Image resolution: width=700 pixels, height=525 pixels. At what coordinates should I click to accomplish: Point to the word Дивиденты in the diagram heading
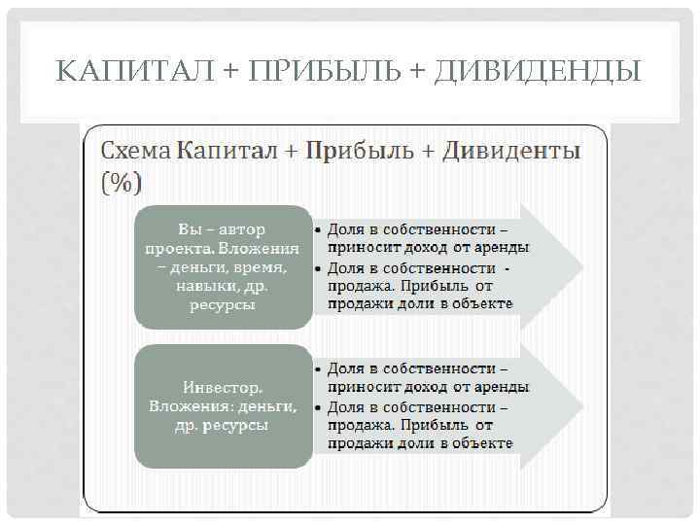pyautogui.click(x=511, y=152)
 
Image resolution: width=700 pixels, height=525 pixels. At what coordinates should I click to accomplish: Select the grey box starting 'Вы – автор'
pyautogui.click(x=222, y=265)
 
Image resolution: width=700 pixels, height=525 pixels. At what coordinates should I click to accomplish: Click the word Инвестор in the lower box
pyautogui.click(x=223, y=385)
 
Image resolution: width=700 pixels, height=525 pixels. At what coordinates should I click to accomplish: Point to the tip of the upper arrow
pyautogui.click(x=581, y=265)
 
